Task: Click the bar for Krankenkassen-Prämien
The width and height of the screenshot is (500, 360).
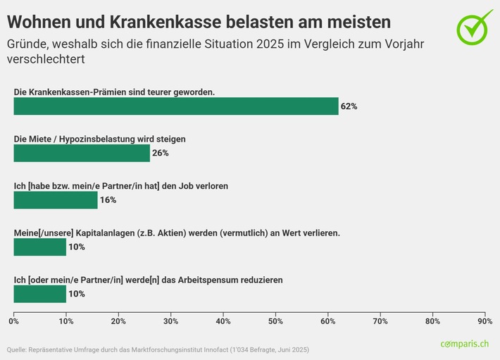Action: click(x=176, y=106)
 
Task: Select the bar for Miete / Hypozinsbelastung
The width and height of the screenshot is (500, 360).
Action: click(x=82, y=153)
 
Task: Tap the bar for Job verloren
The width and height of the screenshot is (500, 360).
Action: click(x=56, y=200)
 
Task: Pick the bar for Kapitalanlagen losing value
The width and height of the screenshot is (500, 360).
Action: click(x=40, y=247)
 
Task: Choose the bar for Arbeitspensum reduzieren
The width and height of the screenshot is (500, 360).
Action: click(x=40, y=294)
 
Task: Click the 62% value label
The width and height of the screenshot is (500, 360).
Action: click(x=349, y=106)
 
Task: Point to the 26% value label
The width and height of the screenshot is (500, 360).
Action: click(x=161, y=153)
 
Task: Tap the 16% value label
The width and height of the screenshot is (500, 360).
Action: click(x=108, y=200)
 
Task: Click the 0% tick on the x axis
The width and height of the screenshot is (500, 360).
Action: click(x=14, y=321)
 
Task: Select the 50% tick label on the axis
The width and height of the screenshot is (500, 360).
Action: click(x=275, y=321)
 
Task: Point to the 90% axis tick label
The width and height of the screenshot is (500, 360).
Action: click(x=485, y=321)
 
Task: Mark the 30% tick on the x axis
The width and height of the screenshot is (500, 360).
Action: click(x=171, y=321)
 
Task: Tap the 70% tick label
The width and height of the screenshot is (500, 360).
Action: click(x=380, y=321)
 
